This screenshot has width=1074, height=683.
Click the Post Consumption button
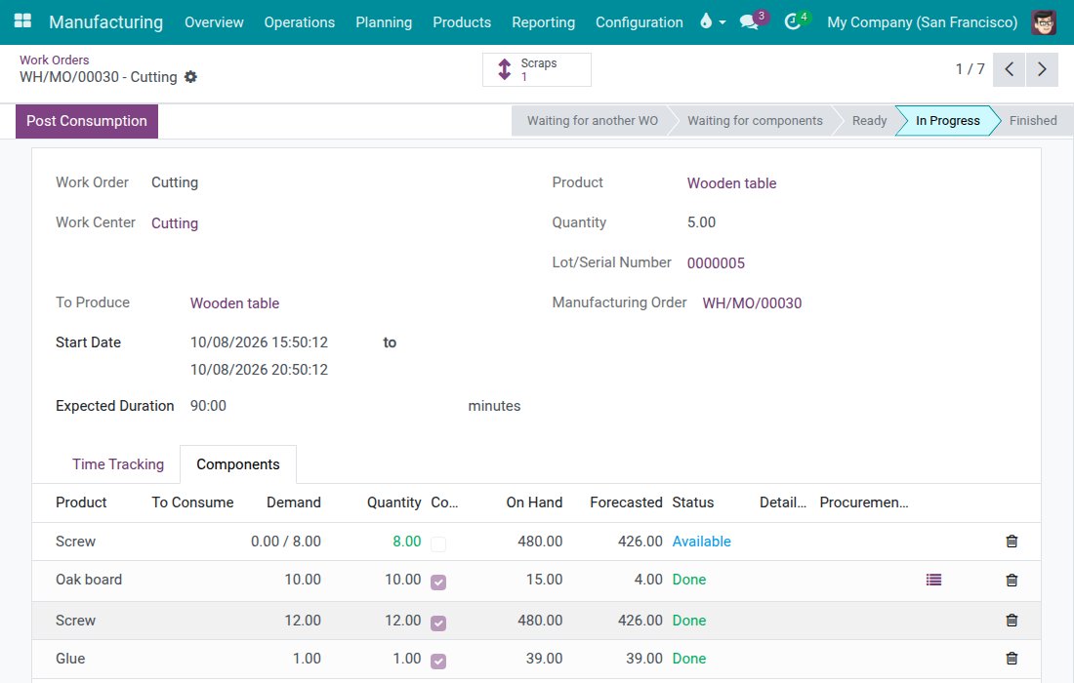pyautogui.click(x=87, y=121)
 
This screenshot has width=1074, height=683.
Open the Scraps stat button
pyautogui.click(x=536, y=70)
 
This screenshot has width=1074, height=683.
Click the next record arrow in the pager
pyautogui.click(x=1042, y=69)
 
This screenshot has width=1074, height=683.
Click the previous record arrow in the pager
pyautogui.click(x=1009, y=69)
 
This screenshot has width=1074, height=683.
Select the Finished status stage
pyautogui.click(x=1033, y=120)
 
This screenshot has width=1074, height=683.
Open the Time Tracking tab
pyautogui.click(x=118, y=464)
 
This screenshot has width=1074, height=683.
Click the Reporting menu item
pyautogui.click(x=543, y=21)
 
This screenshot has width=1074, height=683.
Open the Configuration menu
pyautogui.click(x=640, y=21)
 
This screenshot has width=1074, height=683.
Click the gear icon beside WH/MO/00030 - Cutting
pyautogui.click(x=190, y=77)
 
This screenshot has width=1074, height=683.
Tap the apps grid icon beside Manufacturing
pyautogui.click(x=22, y=21)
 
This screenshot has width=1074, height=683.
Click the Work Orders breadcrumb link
pyautogui.click(x=54, y=60)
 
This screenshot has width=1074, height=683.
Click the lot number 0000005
pyautogui.click(x=716, y=262)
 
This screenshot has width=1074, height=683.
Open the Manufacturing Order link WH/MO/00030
pyautogui.click(x=752, y=303)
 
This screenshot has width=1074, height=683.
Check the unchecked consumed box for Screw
pyautogui.click(x=438, y=544)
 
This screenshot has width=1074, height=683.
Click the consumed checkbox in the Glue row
pyautogui.click(x=438, y=662)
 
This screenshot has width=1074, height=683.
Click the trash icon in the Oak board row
pyautogui.click(x=1012, y=581)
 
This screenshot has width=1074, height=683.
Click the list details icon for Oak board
pyautogui.click(x=933, y=580)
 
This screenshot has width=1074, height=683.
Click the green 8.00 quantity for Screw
pyautogui.click(x=407, y=542)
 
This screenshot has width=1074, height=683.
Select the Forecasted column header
pyautogui.click(x=626, y=502)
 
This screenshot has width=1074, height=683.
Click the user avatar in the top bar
pyautogui.click(x=1044, y=22)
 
